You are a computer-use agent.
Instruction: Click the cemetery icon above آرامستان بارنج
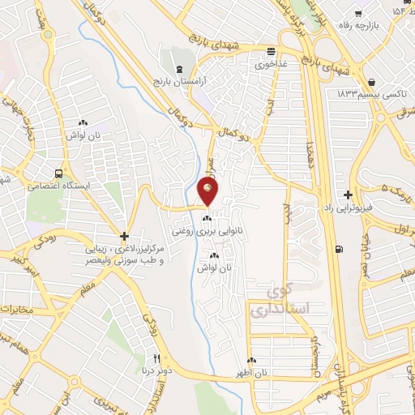pos(179,70)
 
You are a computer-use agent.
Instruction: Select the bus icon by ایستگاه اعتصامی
pos(58,173)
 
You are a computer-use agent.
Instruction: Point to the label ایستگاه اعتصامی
pos(58,186)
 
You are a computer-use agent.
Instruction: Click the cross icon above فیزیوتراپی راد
pos(348,195)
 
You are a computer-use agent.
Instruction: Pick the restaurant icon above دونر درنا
pos(157,359)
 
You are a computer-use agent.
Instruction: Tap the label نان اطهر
pos(252,373)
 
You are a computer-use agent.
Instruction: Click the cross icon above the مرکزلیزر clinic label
pos(124,237)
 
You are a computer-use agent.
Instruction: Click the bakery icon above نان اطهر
pos(252,361)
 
